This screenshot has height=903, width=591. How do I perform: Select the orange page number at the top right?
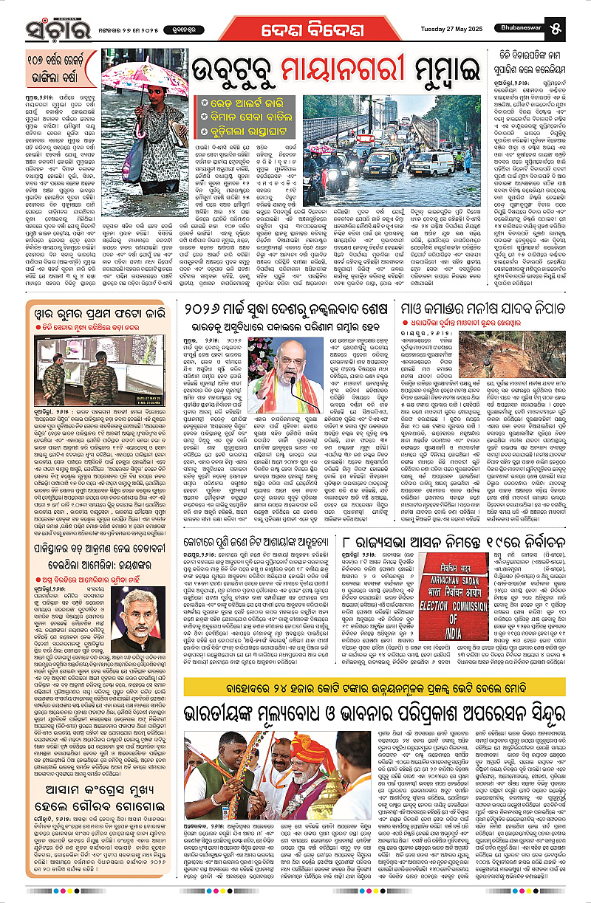click(576, 31)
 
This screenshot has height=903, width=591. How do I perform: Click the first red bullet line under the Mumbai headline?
click(247, 101)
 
